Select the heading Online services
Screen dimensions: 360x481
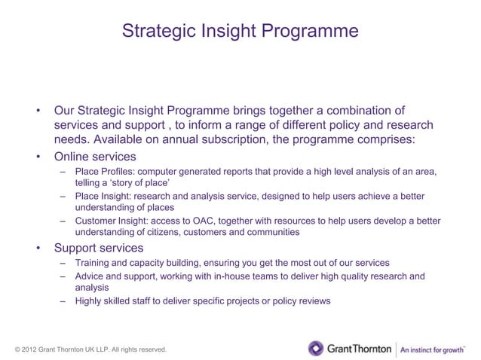(95, 157)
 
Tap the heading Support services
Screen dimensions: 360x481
(98, 248)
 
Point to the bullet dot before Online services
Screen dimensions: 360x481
(36, 157)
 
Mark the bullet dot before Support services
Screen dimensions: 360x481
(36, 248)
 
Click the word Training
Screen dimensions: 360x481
(93, 263)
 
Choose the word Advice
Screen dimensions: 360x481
(89, 276)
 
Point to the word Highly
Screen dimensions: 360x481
(89, 301)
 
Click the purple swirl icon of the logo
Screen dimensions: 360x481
(315, 348)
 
